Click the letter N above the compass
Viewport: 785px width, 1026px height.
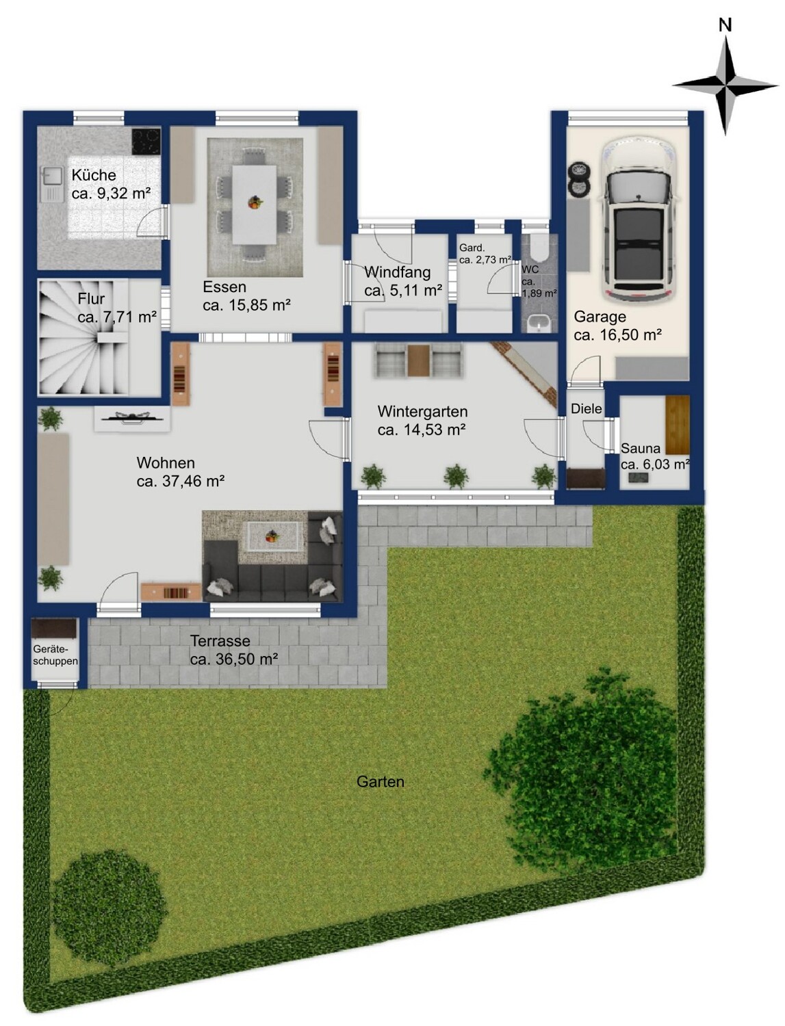725,25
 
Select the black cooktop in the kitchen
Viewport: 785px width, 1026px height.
146,141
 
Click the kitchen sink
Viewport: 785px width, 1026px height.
52,184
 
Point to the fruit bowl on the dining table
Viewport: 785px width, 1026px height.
255,202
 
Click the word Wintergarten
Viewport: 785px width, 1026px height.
423,412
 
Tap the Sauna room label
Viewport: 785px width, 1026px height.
641,448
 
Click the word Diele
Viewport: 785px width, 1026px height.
587,408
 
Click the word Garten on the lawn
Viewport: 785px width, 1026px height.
380,782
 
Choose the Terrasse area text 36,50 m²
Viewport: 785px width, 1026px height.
246,659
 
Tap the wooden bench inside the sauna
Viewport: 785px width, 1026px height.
678,425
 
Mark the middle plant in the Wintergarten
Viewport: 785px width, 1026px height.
456,477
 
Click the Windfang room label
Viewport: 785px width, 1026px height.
398,272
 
